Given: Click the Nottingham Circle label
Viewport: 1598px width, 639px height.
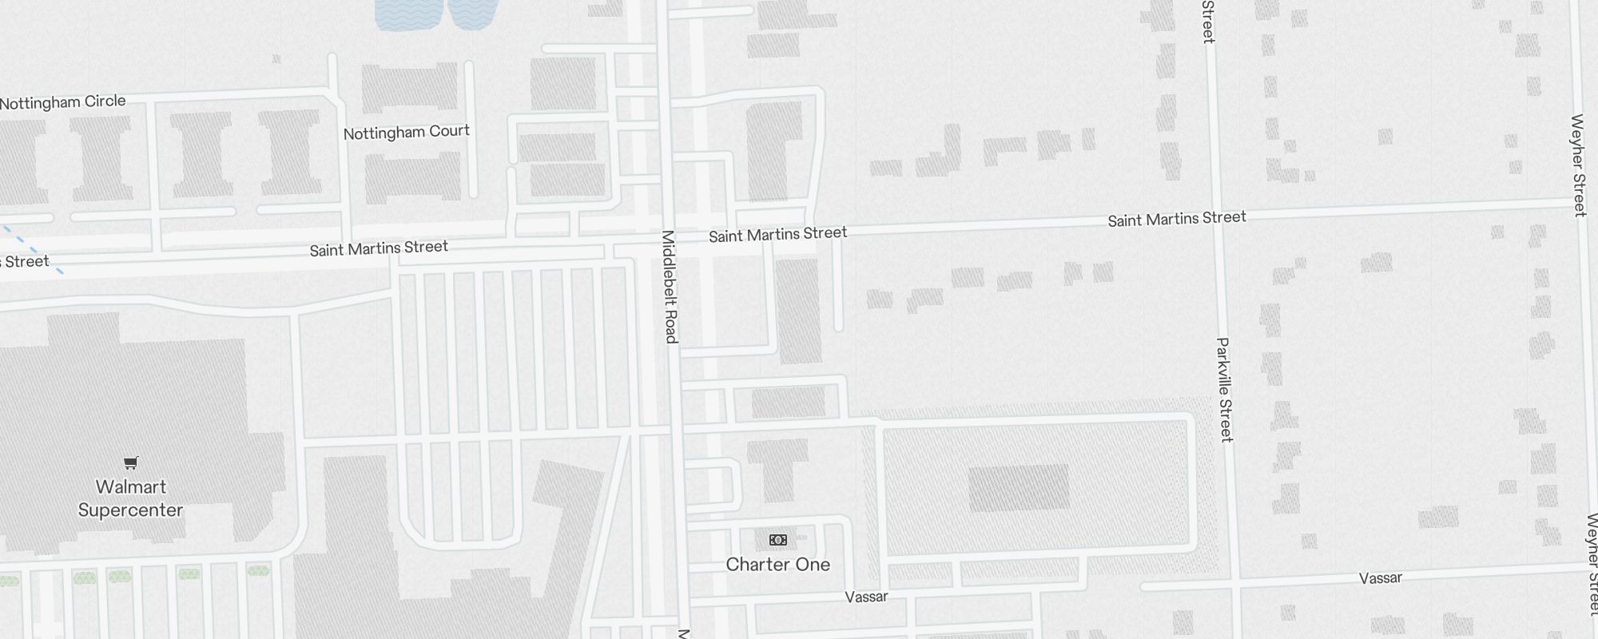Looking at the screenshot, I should (63, 102).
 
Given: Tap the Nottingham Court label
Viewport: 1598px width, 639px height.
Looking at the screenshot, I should (406, 132).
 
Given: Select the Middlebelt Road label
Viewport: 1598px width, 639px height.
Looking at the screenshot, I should (670, 287).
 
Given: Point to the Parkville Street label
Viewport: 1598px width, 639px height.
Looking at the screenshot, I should (1224, 389).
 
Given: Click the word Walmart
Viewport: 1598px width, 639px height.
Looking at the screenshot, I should (131, 487).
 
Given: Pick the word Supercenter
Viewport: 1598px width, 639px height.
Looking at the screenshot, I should (131, 510).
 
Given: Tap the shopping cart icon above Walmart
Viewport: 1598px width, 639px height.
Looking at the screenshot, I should (131, 462).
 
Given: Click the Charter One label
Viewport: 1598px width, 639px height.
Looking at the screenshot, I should (777, 565).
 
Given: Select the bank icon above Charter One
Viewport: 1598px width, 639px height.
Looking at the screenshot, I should (777, 540).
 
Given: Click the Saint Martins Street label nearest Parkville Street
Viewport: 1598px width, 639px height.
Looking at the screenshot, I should (1176, 219).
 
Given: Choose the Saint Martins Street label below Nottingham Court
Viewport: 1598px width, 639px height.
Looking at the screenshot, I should (379, 248).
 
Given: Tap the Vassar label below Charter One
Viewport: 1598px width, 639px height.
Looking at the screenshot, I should (866, 597).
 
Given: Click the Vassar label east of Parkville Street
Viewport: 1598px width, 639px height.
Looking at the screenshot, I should (1380, 578).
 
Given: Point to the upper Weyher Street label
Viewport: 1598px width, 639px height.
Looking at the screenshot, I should (1578, 165).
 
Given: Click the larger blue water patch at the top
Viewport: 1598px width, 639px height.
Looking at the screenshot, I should (408, 14).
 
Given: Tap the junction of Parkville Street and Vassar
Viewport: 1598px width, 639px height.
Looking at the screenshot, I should (1236, 583).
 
